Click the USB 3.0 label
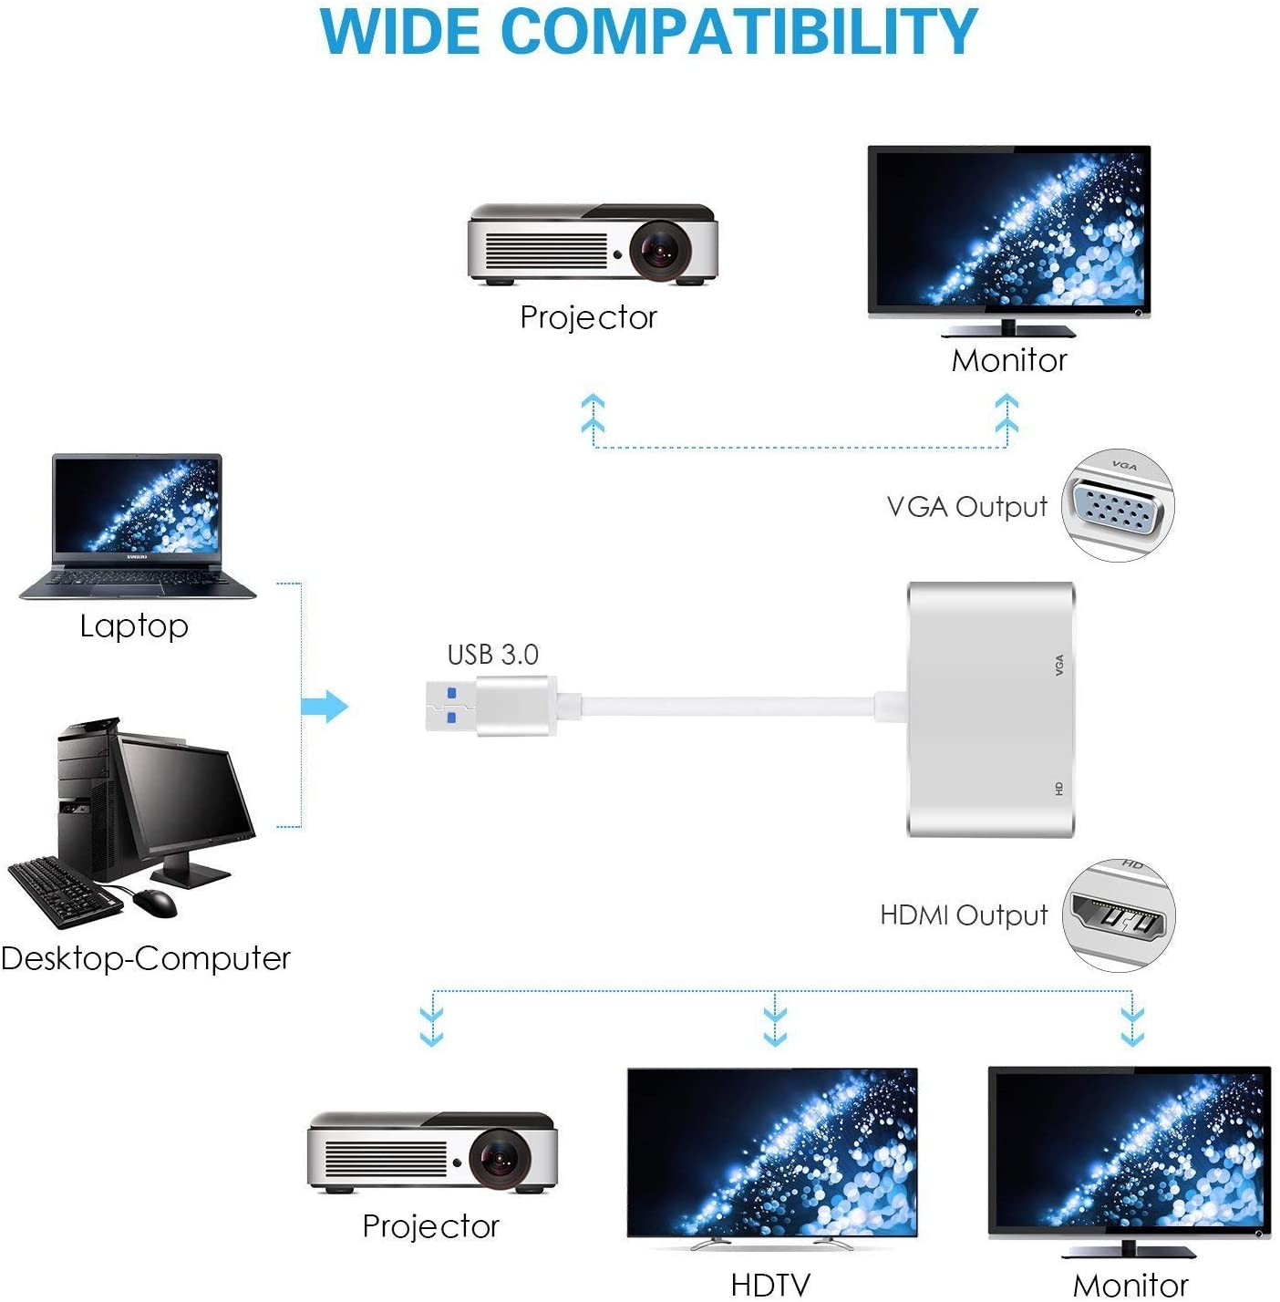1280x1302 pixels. [492, 655]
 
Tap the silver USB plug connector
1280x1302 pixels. [490, 705]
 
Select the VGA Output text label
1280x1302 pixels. [966, 507]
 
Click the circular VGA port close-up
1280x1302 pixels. [1118, 505]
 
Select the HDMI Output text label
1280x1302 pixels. [964, 915]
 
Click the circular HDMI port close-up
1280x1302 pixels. [1120, 915]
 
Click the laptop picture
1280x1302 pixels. [137, 527]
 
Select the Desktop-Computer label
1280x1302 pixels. [146, 958]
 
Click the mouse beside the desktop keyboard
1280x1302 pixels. [155, 903]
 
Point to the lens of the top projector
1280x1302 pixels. [658, 250]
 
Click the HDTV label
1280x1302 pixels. [770, 1285]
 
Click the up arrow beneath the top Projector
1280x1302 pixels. [594, 415]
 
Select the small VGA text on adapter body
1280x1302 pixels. [1059, 665]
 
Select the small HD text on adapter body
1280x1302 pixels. [1059, 788]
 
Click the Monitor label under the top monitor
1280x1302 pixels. [1008, 361]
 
